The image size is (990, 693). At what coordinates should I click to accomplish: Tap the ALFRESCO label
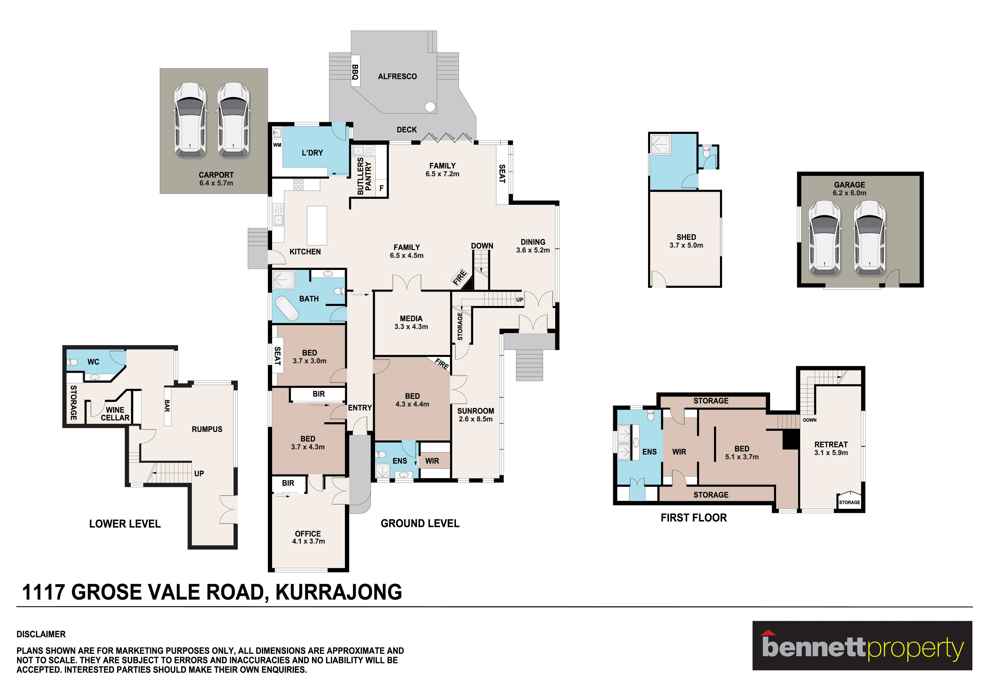click(x=397, y=76)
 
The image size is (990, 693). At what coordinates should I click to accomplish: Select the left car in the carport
click(x=190, y=120)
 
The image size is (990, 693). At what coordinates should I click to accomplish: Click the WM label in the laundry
click(x=277, y=145)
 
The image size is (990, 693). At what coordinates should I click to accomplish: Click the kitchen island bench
click(x=317, y=225)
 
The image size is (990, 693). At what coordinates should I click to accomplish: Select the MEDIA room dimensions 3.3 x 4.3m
click(x=411, y=327)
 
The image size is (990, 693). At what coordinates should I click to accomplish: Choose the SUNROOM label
click(x=476, y=411)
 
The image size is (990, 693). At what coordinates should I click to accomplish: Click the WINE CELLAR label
click(x=115, y=414)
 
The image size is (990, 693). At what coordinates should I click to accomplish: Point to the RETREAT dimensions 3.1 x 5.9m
click(x=831, y=453)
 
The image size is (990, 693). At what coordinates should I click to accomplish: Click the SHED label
click(x=686, y=237)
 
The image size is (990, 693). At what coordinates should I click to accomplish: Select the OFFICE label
click(x=308, y=533)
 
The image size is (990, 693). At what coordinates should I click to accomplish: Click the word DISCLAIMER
click(x=41, y=634)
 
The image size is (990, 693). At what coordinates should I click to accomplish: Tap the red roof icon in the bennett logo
click(x=768, y=633)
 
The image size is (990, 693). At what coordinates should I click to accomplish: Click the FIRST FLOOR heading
click(x=694, y=518)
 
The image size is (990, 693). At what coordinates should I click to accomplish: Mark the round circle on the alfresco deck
click(x=430, y=106)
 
